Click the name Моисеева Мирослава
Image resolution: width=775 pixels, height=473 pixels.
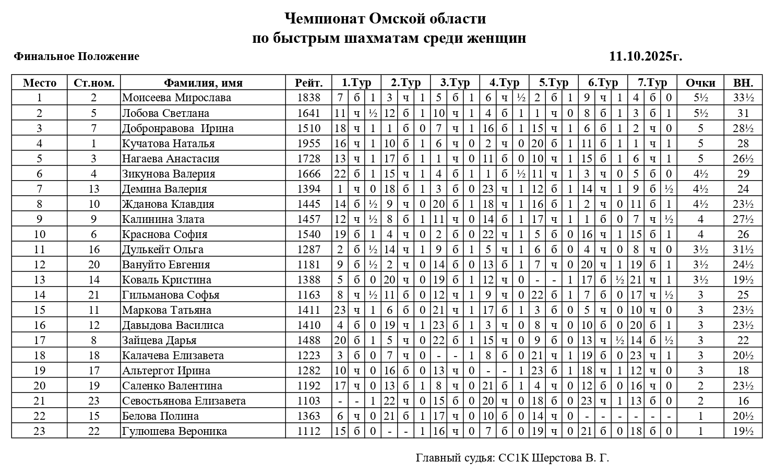click(176, 98)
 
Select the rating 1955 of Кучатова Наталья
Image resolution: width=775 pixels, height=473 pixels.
click(308, 143)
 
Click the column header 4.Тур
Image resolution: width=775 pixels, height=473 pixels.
click(504, 82)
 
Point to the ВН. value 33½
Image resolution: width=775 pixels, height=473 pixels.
click(743, 98)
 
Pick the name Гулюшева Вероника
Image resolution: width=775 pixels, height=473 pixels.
click(174, 431)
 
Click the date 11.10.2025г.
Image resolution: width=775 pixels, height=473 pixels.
click(646, 56)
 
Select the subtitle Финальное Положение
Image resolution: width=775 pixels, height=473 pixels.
click(77, 56)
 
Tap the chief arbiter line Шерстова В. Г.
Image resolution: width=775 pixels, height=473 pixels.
click(512, 458)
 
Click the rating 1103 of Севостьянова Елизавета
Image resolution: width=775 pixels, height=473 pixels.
click(308, 401)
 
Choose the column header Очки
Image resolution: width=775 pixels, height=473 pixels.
click(700, 82)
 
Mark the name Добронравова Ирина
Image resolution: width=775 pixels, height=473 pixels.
click(177, 128)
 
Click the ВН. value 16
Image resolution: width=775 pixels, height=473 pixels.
click(743, 401)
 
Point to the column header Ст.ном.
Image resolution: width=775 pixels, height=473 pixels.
click(94, 82)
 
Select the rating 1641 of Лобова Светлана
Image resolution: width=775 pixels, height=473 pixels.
click(308, 113)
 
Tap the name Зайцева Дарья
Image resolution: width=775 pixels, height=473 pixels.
click(159, 340)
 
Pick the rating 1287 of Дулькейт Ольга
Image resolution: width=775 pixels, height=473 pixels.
click(308, 250)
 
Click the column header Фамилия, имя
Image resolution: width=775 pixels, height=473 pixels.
click(203, 82)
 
